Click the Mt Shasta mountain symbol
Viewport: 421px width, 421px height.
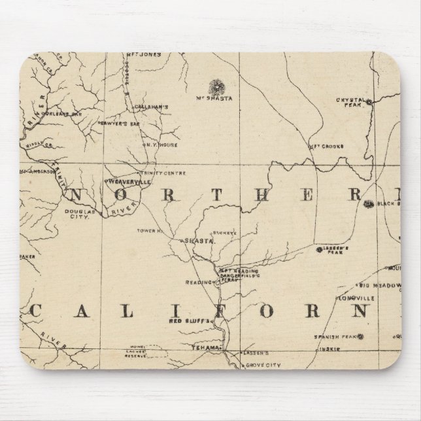tap(214, 86)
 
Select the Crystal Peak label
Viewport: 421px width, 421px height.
tap(349, 102)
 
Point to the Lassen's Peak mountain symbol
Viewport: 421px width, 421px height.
tap(319, 249)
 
